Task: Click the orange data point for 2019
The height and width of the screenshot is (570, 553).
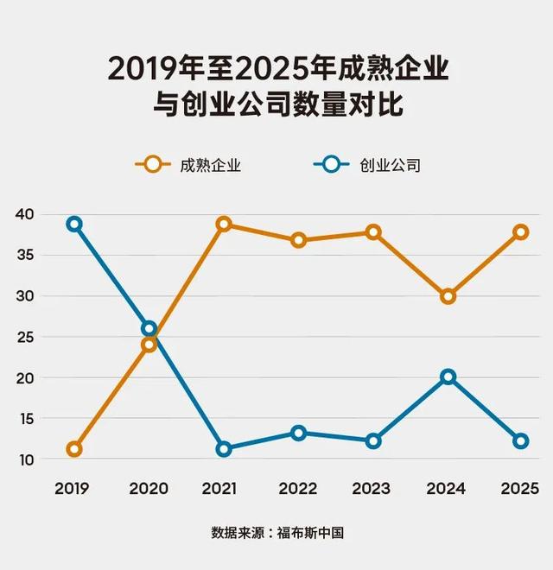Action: tap(74, 448)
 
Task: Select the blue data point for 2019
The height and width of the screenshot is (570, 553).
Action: tap(74, 224)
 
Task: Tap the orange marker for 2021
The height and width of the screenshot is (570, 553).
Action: tap(224, 224)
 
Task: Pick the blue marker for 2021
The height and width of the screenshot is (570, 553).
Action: tap(224, 448)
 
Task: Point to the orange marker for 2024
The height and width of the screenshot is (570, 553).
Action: tap(448, 296)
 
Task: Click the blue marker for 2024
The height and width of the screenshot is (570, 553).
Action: tap(448, 377)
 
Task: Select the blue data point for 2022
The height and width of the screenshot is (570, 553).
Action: tap(298, 433)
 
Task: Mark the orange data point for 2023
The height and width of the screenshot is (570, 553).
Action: tap(373, 231)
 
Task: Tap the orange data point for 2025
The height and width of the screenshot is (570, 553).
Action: tap(521, 231)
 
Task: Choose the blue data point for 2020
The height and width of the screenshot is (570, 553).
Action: tap(149, 328)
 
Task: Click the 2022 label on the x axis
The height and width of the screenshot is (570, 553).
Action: tap(297, 489)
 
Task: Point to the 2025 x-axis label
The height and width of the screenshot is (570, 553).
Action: tap(520, 489)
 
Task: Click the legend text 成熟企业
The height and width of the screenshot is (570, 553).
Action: tap(210, 165)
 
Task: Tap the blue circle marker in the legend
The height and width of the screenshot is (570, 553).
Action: tap(329, 164)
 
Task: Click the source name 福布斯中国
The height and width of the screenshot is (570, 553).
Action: tap(310, 533)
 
